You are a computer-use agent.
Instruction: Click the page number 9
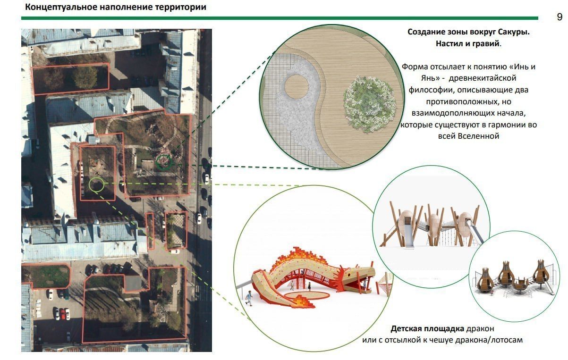[560, 17]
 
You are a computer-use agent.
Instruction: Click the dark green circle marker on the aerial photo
[164, 162]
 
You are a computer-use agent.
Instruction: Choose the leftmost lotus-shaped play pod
[486, 278]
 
